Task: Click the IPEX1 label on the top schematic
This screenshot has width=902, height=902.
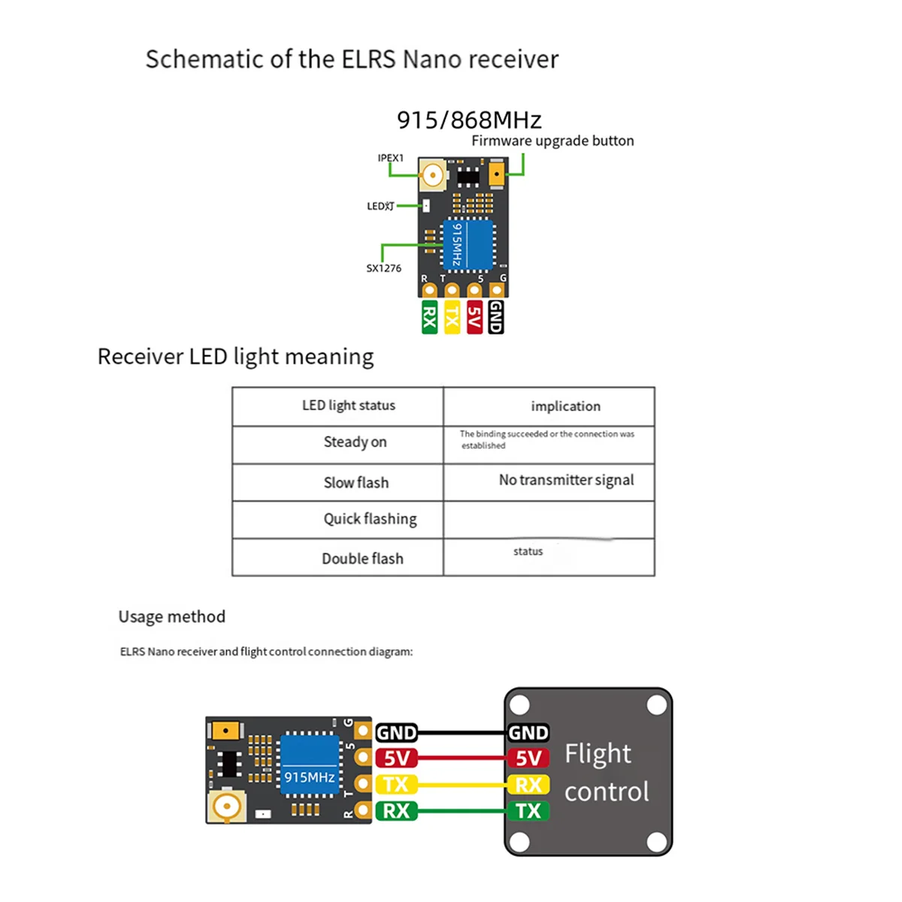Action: pos(390,158)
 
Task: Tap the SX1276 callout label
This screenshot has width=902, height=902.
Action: pos(383,268)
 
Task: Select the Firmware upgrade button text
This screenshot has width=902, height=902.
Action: pos(552,141)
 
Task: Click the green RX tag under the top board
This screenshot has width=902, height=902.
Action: pos(429,317)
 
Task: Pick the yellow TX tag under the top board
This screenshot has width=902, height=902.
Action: pos(452,317)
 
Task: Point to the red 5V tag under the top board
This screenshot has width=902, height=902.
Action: pos(474,317)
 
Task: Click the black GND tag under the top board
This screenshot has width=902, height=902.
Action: pos(496,317)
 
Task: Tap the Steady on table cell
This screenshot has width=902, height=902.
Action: pos(355,442)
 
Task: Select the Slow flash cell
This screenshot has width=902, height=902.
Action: pos(356,483)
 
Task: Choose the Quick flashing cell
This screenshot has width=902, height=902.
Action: pos(370,519)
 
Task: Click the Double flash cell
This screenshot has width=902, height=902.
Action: pos(362,558)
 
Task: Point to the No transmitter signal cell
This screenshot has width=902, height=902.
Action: pos(566,480)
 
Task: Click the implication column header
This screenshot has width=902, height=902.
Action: pos(565,406)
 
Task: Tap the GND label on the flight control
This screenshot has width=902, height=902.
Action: pos(528,733)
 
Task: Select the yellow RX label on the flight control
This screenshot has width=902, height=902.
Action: pos(528,785)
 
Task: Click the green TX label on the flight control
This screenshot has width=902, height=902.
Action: pos(528,811)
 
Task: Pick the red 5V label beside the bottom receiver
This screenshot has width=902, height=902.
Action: pos(396,758)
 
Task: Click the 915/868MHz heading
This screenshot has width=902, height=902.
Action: pos(469,120)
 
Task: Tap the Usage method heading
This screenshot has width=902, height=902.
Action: pos(171,617)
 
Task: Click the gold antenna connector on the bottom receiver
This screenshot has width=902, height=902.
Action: pos(225,807)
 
